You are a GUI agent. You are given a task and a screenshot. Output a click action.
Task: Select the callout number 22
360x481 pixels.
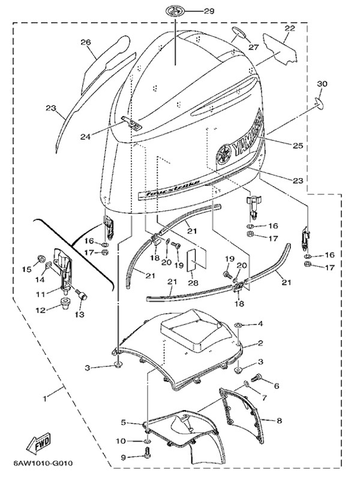coord(289,28)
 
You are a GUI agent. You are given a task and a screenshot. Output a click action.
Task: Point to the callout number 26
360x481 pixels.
coord(85,42)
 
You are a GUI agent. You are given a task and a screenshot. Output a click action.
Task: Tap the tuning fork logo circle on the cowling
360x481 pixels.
coord(224,153)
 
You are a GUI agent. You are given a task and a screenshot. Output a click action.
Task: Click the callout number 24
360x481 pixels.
coord(86,136)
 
